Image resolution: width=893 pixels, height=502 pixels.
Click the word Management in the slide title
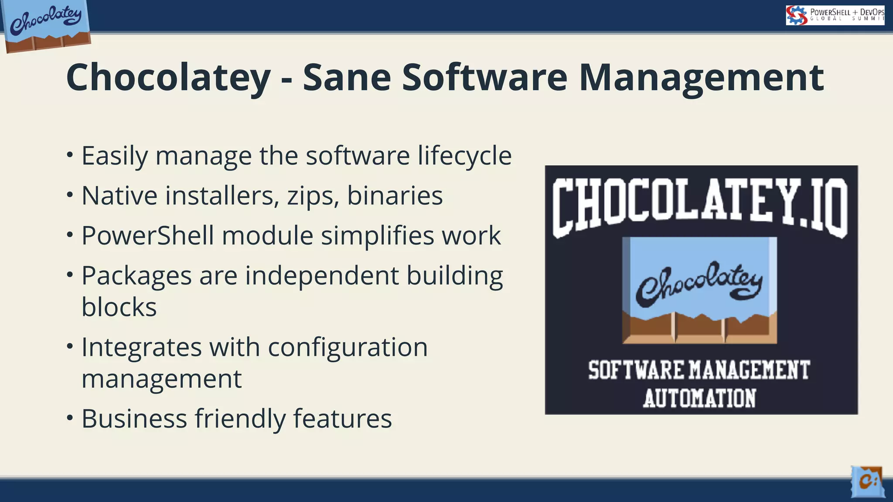click(x=701, y=78)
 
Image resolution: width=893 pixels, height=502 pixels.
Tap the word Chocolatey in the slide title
click(x=168, y=78)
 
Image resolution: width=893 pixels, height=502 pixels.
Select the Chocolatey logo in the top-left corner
click(x=46, y=25)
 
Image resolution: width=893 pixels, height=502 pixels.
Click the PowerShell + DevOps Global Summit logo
click(x=835, y=15)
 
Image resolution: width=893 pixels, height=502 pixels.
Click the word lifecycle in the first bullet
click(x=464, y=156)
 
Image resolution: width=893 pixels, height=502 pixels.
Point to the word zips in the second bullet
click(x=313, y=196)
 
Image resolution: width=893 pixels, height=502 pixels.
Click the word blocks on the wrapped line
click(x=119, y=307)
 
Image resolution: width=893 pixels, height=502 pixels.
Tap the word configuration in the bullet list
click(x=348, y=347)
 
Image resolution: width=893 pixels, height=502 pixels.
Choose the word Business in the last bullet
click(x=134, y=419)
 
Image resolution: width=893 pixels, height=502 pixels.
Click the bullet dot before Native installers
click(x=70, y=196)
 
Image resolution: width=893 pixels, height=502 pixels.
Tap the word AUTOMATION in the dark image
click(x=700, y=398)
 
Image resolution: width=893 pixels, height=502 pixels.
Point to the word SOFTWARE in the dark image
click(x=636, y=370)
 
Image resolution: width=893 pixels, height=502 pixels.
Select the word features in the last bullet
click(x=342, y=419)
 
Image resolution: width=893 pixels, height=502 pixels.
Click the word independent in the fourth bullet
click(x=322, y=276)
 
